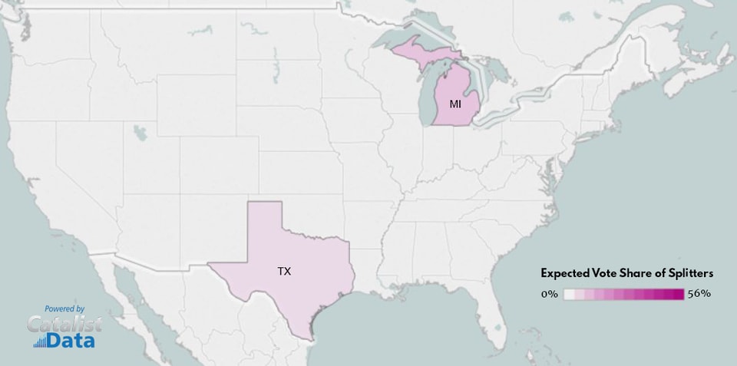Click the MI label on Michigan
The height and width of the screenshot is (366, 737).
click(455, 103)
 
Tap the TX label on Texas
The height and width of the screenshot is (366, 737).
click(284, 271)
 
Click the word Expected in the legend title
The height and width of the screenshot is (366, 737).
click(566, 273)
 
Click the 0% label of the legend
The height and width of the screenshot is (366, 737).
click(549, 294)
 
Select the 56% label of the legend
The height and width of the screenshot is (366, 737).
click(699, 294)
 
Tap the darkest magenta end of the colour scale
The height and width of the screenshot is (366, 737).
click(679, 294)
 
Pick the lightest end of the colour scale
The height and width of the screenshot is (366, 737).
click(569, 294)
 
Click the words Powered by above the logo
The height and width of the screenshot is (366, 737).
click(64, 308)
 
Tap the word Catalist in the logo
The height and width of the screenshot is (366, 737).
click(64, 324)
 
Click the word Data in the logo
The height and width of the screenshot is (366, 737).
click(71, 340)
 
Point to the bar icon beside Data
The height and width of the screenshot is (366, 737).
click(39, 342)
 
